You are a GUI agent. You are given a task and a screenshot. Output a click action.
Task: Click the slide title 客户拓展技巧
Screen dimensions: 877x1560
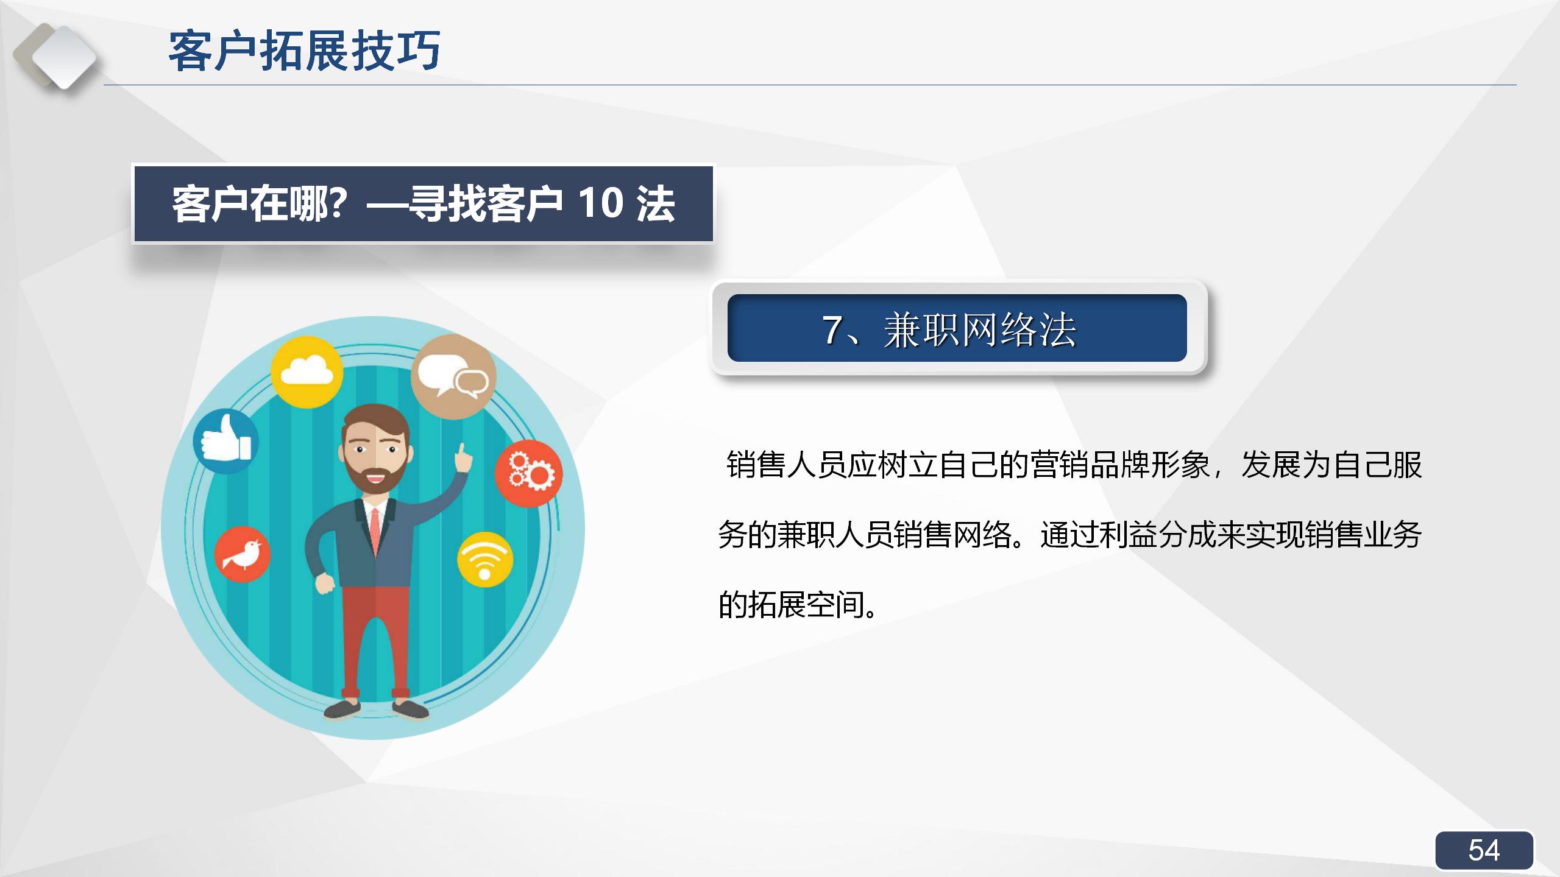pos(304,51)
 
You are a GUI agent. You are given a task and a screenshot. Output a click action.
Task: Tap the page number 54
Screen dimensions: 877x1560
pos(1483,850)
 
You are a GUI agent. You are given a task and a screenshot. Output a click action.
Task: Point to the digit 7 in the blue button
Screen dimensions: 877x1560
pos(832,330)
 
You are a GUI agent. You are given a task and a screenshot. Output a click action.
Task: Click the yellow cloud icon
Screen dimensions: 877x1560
pos(307,372)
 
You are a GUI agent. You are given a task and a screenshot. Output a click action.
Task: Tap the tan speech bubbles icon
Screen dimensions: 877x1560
pos(453,376)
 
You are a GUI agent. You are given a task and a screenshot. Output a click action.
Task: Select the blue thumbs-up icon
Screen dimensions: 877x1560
pos(225,441)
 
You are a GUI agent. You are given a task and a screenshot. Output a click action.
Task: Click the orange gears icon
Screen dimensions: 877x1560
pos(528,473)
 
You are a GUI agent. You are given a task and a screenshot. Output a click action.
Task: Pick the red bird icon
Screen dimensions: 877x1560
pos(242,554)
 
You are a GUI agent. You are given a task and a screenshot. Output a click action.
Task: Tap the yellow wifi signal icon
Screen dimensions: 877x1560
pos(485,560)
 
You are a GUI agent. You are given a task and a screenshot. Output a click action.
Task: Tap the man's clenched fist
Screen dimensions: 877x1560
pos(324,583)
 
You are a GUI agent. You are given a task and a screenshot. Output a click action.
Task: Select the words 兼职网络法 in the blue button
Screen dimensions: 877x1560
pos(980,330)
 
